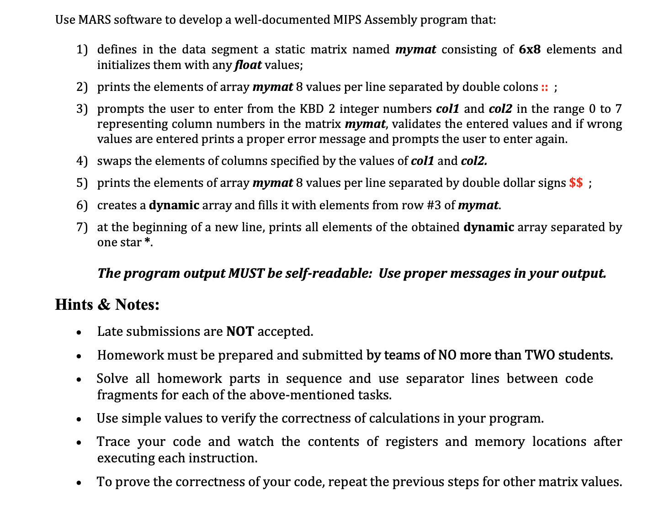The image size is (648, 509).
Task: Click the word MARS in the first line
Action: click(x=95, y=20)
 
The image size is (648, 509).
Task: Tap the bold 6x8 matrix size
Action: click(x=530, y=49)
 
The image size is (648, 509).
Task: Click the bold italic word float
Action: click(x=248, y=65)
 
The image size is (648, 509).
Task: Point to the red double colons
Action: click(x=544, y=87)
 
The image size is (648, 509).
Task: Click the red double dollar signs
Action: click(x=576, y=183)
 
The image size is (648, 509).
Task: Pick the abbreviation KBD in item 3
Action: click(x=311, y=109)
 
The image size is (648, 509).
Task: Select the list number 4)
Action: click(x=82, y=161)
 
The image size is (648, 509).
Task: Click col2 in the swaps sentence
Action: click(x=474, y=161)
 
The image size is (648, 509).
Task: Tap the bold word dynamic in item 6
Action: click(x=174, y=205)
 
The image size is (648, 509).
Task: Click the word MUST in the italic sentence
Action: click(x=246, y=273)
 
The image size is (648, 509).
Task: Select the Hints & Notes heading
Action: click(x=107, y=304)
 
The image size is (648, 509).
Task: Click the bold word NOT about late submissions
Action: click(x=240, y=331)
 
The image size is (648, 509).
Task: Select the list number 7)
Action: click(x=82, y=227)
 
